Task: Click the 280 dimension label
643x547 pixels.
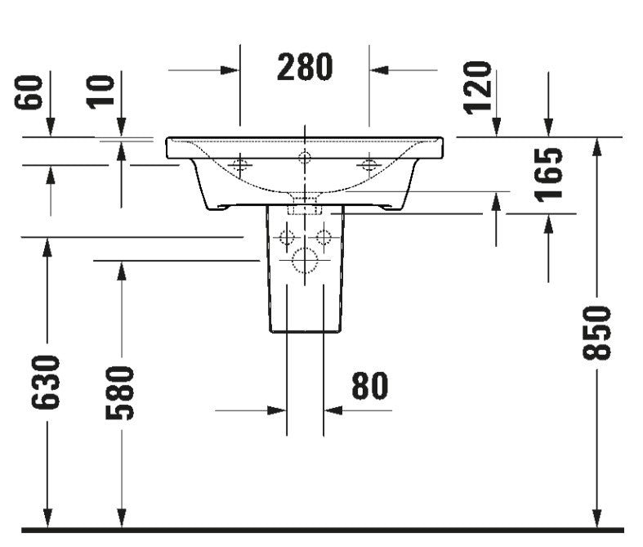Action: tap(305, 67)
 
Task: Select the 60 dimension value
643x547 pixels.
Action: tap(29, 92)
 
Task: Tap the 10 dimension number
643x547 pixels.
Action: tap(100, 92)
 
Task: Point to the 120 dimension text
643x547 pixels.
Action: tap(477, 87)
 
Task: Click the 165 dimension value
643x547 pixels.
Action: tap(549, 175)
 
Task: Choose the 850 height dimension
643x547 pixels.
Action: tap(597, 333)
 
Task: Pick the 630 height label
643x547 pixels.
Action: tap(46, 383)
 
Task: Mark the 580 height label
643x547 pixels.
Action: tap(120, 393)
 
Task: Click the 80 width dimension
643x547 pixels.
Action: tap(369, 386)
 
